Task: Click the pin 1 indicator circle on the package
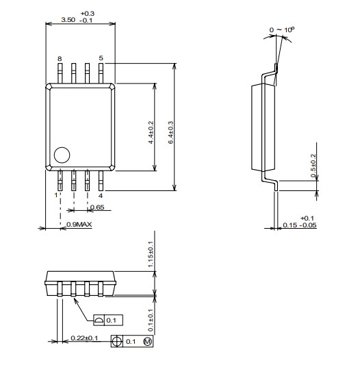pos(62,155)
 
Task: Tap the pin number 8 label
pos(60,59)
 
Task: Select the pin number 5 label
pos(101,58)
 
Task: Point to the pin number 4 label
pos(101,196)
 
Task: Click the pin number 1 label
pos(56,195)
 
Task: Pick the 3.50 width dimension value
pos(68,20)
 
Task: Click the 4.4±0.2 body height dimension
pos(151,132)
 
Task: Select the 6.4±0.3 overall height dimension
pos(171,132)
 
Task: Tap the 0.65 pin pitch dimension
pos(97,207)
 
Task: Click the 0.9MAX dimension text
pos(79,225)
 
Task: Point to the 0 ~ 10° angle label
pos(282,29)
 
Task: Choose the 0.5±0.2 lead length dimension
pos(313,166)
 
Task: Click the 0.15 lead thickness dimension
pos(290,225)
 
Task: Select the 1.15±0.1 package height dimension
pos(151,254)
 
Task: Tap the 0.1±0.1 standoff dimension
pos(151,320)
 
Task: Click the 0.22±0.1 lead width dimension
pos(84,338)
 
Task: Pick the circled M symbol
pos(148,342)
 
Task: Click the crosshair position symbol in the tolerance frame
pos(117,342)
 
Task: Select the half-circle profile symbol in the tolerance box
pos(99,320)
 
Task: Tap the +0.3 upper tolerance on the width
pos(88,14)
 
